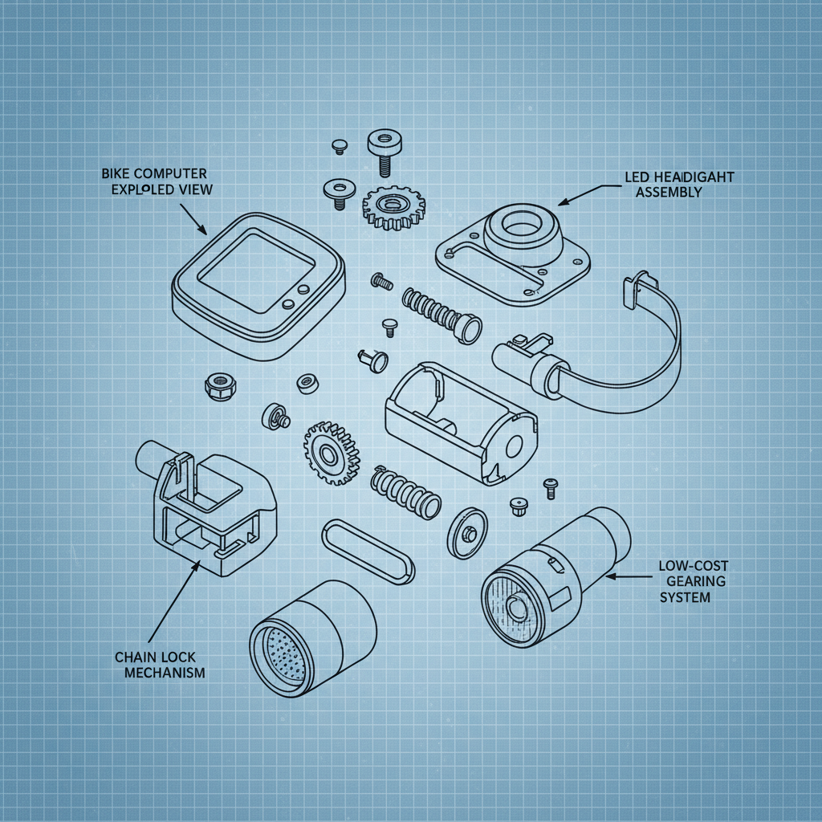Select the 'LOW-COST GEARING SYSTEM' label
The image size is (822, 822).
692,582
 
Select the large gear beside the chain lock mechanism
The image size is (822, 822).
330,454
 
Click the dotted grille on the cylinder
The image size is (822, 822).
281,655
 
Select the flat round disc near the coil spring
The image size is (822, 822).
466,531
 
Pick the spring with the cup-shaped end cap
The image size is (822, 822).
442,315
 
